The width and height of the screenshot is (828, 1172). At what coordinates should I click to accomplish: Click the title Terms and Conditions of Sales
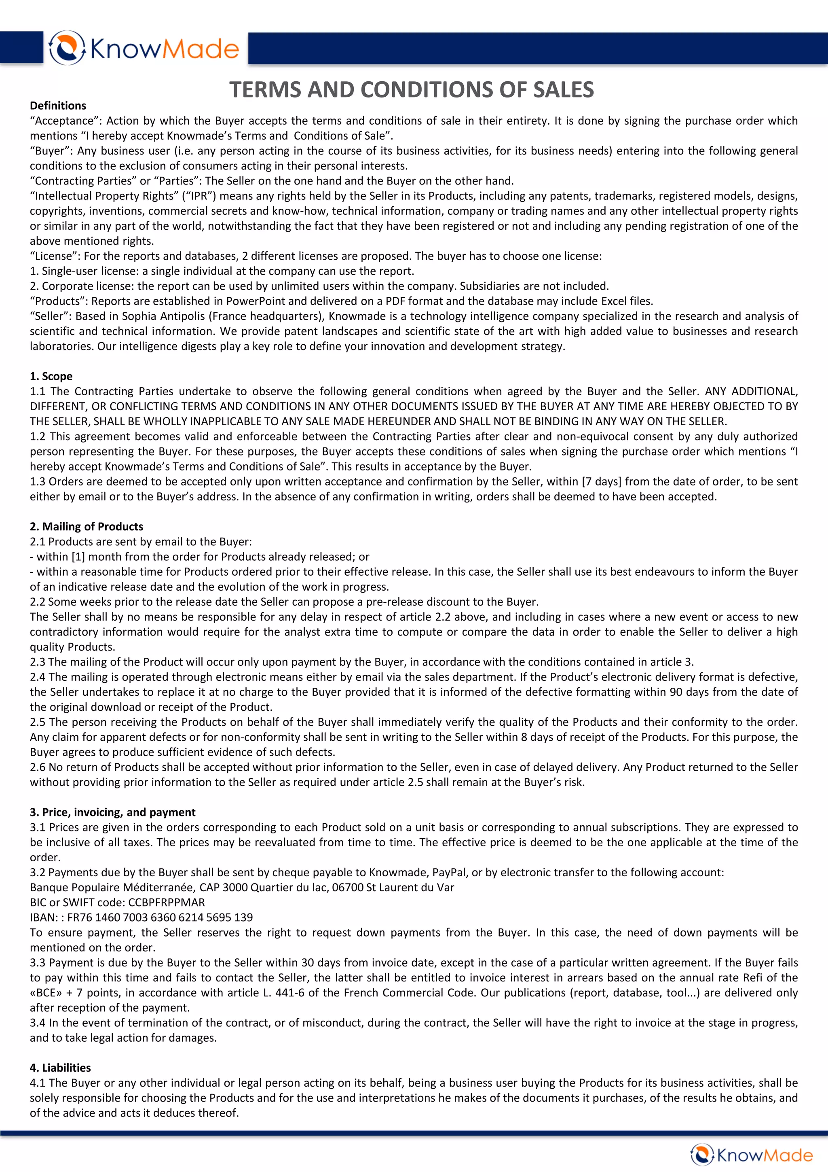[x=411, y=90]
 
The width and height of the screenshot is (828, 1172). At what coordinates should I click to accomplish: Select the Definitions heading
[x=58, y=106]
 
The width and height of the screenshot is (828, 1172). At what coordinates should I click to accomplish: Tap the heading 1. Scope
[x=51, y=376]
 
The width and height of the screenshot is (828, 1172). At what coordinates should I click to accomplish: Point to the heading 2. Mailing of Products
[x=86, y=526]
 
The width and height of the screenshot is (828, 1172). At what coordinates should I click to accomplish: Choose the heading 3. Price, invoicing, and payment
[x=112, y=812]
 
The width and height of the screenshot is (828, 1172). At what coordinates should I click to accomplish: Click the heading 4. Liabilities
[x=60, y=1067]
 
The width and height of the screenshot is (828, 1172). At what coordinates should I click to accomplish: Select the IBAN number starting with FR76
[x=160, y=917]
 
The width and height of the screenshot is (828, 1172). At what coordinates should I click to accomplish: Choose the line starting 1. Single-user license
[x=222, y=271]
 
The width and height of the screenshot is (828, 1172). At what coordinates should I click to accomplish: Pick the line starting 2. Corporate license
[x=319, y=286]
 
